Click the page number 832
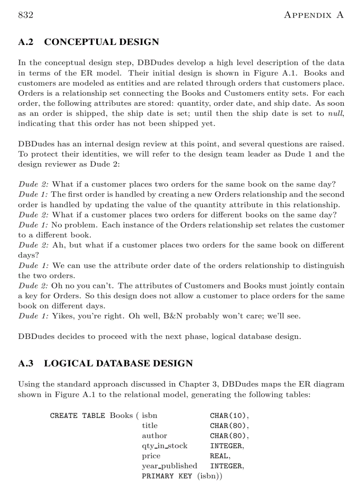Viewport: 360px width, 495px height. [x=26, y=15]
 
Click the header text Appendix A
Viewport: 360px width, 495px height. [x=313, y=15]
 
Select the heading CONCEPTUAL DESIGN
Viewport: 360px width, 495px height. [x=101, y=42]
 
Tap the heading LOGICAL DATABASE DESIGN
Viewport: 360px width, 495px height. [x=118, y=364]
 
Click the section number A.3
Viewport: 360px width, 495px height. [x=26, y=364]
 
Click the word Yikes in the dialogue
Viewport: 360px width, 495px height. [x=61, y=316]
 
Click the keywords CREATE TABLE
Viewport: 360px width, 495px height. [x=77, y=416]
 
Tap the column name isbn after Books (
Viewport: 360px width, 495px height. [x=149, y=416]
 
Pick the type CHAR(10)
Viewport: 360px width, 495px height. [x=229, y=416]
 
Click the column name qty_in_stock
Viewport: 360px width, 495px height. [x=165, y=446]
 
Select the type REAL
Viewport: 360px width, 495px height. [x=220, y=456]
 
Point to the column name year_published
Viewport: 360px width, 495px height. [x=169, y=466]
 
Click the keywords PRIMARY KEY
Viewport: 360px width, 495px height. [x=167, y=476]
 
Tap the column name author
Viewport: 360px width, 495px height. [x=154, y=436]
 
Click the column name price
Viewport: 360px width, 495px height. [x=151, y=456]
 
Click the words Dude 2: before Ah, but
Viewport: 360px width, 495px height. [x=34, y=245]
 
